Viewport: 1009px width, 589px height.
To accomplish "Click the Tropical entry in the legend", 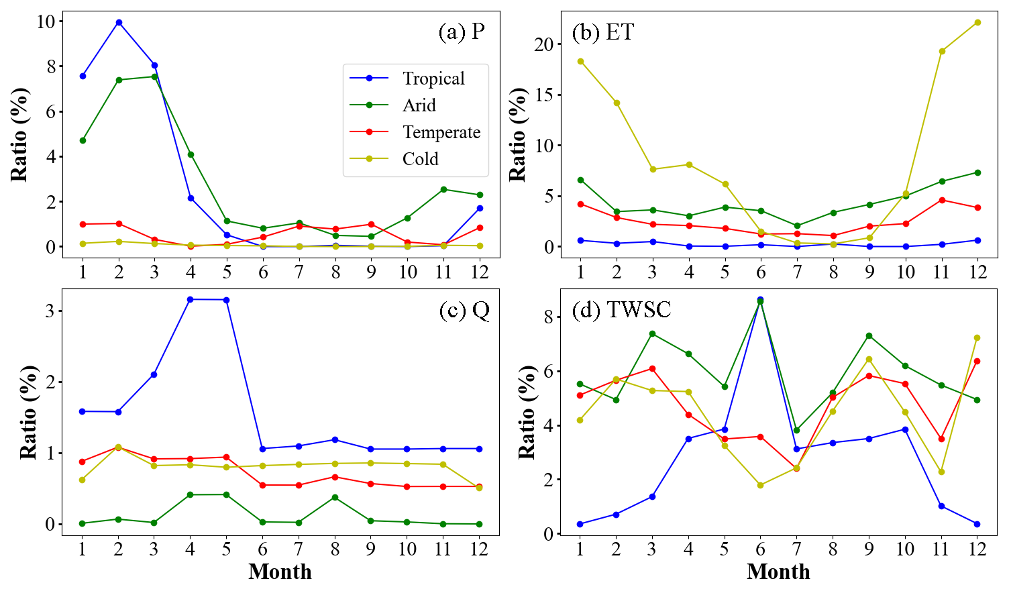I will tap(433, 78).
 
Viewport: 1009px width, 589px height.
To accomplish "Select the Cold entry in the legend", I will tap(420, 159).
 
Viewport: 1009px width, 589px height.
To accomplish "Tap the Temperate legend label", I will tap(441, 132).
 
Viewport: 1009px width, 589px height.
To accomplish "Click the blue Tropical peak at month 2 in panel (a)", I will tap(119, 22).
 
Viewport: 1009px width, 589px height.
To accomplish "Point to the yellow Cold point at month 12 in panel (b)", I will tap(977, 22).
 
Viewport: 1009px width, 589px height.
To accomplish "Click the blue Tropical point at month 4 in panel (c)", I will tap(191, 299).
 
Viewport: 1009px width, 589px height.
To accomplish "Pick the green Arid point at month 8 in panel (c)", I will tap(335, 497).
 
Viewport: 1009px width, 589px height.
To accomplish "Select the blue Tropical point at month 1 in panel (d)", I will tap(580, 524).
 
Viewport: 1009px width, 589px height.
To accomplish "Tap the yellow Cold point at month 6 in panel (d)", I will tap(760, 485).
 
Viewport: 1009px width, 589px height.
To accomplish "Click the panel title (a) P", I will tap(462, 32).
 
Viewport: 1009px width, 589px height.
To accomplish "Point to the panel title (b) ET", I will tap(602, 32).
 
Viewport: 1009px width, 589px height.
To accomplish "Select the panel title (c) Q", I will tap(464, 310).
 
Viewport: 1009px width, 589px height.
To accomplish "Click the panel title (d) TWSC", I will tap(621, 309).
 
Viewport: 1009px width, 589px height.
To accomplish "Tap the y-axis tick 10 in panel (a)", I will tap(46, 21).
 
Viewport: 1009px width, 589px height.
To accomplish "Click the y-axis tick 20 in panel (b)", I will tap(544, 44).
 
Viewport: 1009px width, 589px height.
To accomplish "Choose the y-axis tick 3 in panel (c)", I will tap(50, 311).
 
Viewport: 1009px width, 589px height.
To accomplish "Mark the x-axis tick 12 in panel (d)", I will tap(977, 549).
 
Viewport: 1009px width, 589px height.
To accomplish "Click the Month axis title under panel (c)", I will tap(280, 572).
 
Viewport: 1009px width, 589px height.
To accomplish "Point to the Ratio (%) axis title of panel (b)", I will tap(517, 134).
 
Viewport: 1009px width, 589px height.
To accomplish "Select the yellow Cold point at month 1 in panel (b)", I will tap(580, 61).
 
